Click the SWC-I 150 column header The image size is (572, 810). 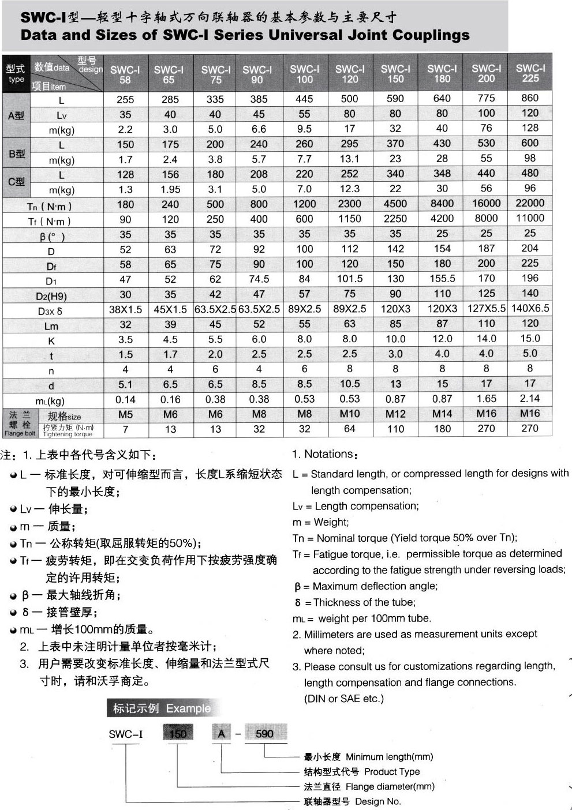click(395, 73)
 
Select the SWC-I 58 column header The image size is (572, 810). click(125, 74)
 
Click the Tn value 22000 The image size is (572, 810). click(530, 203)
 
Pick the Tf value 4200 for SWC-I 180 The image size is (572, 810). click(442, 218)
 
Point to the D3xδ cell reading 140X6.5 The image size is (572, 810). click(530, 308)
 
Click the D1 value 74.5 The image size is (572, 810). click(259, 279)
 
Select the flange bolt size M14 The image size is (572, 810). click(442, 414)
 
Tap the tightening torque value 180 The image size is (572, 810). click(442, 429)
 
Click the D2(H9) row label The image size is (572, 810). click(51, 296)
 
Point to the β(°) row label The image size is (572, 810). click(52, 236)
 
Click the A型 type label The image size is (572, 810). click(16, 115)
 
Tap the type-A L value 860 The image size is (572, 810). click(530, 98)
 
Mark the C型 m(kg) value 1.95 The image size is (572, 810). click(170, 189)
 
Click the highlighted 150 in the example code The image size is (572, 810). click(178, 734)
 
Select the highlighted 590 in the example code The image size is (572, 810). click(264, 734)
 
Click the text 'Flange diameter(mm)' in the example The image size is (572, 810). click(390, 786)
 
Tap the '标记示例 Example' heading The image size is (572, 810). click(162, 708)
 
